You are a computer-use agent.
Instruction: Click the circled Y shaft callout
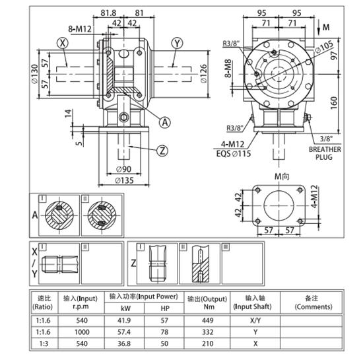(176, 43)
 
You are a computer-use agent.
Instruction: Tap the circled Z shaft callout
(162, 150)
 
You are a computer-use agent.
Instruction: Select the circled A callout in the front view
(165, 121)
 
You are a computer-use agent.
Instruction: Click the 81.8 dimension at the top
(110, 13)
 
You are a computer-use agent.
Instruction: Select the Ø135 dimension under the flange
(125, 179)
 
